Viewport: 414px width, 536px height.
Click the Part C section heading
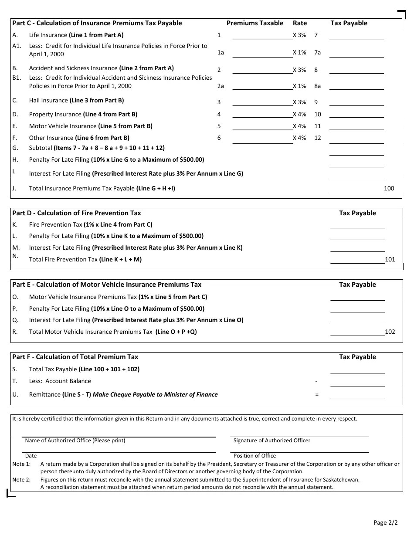click(97, 23)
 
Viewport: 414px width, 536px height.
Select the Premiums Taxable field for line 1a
click(262, 53)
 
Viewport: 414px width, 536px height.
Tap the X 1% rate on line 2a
click(299, 86)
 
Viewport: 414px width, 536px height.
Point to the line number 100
click(389, 188)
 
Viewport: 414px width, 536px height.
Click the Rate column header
click(299, 23)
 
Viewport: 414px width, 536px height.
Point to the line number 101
click(390, 259)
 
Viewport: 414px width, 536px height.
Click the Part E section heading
click(107, 285)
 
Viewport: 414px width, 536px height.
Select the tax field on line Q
click(357, 320)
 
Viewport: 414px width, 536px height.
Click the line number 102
click(390, 332)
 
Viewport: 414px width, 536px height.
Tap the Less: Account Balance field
click(357, 382)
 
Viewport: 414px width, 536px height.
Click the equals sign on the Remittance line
click(317, 394)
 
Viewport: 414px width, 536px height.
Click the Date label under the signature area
click(31, 456)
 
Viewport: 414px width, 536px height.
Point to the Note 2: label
click(21, 479)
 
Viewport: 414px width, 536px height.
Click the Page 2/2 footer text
click(385, 522)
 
